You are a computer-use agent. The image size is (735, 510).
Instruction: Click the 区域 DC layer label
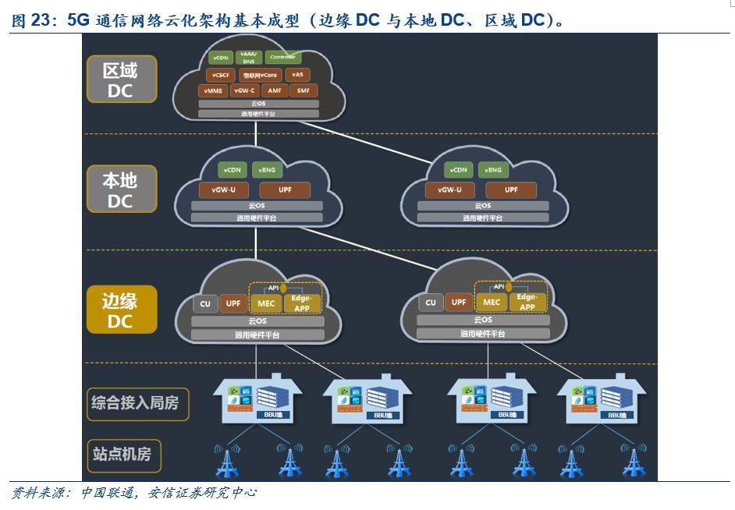pyautogui.click(x=120, y=80)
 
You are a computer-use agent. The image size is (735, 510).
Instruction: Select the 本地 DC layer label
pyautogui.click(x=120, y=189)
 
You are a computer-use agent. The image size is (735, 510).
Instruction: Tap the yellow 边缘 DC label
pyautogui.click(x=121, y=310)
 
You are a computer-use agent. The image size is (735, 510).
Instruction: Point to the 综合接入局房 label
pyautogui.click(x=136, y=402)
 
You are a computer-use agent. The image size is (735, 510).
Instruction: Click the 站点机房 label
pyautogui.click(x=123, y=453)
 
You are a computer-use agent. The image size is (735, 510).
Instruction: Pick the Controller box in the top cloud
pyautogui.click(x=282, y=58)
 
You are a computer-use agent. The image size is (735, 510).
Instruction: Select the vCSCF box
pyautogui.click(x=220, y=75)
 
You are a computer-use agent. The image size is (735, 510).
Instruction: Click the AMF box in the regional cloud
pyautogui.click(x=274, y=90)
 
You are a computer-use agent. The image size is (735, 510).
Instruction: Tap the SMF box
pyautogui.click(x=304, y=90)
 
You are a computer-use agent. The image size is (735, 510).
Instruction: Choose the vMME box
pyautogui.click(x=213, y=90)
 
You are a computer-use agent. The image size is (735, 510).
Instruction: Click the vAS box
pyautogui.click(x=298, y=75)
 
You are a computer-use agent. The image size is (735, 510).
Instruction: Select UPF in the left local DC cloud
pyautogui.click(x=285, y=189)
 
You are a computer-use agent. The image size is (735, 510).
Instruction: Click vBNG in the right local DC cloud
pyautogui.click(x=492, y=170)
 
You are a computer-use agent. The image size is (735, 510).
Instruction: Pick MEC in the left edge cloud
pyautogui.click(x=265, y=303)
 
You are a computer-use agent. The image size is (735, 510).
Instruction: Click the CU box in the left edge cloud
pyautogui.click(x=205, y=303)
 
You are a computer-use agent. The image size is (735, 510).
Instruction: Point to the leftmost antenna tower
pyautogui.click(x=227, y=461)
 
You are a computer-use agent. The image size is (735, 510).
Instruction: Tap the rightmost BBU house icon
pyautogui.click(x=601, y=400)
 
